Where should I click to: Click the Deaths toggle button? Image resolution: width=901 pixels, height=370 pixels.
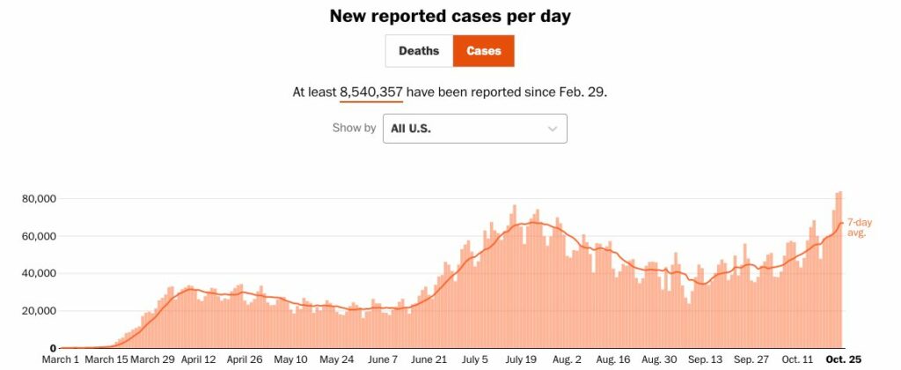(x=419, y=51)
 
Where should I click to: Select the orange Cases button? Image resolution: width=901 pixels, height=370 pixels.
(x=483, y=51)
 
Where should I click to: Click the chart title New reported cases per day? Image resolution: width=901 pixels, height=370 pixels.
(x=450, y=16)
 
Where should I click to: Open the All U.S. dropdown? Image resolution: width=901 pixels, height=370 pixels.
(x=474, y=129)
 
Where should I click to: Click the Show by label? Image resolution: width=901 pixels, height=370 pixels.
(x=354, y=129)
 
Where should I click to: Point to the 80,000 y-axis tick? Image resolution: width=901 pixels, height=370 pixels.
(x=39, y=199)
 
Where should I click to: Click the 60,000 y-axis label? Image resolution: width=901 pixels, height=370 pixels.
(x=39, y=236)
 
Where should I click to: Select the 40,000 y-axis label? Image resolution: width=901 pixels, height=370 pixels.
(x=39, y=273)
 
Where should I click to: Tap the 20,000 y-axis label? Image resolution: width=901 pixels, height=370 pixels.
(x=39, y=311)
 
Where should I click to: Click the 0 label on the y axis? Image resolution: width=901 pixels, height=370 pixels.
(x=53, y=348)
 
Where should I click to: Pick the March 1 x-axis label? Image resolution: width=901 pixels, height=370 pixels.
(x=62, y=360)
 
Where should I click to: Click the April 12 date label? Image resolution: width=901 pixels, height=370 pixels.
(x=197, y=360)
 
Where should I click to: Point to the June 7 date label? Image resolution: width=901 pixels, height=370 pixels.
(x=383, y=360)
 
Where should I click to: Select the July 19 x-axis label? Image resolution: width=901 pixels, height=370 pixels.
(x=521, y=360)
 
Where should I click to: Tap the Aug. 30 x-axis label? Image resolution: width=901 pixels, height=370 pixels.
(x=658, y=360)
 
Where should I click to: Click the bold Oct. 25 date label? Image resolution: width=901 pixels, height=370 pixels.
(x=841, y=360)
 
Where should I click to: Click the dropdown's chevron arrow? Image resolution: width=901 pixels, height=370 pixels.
(x=553, y=129)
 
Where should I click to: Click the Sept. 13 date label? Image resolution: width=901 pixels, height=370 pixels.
(x=705, y=360)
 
